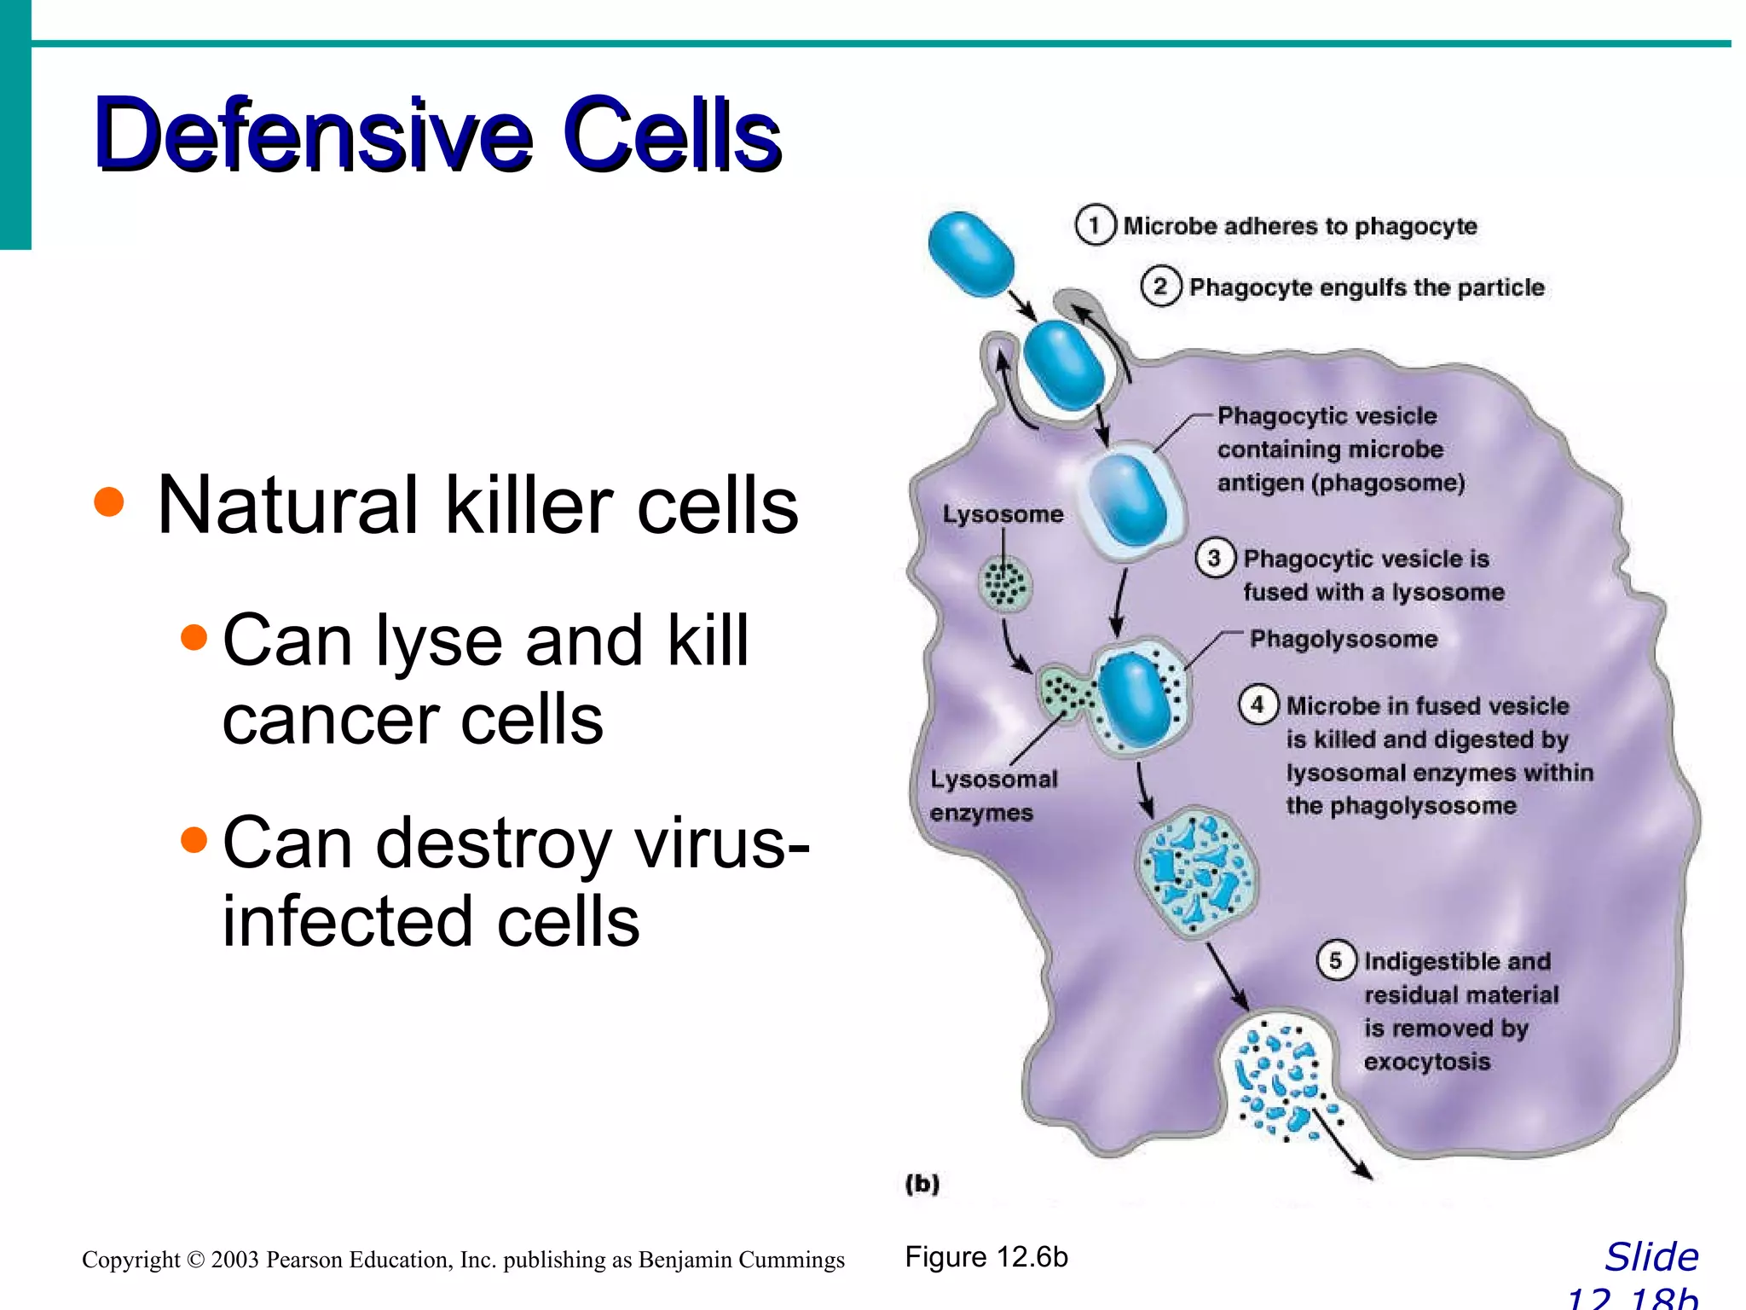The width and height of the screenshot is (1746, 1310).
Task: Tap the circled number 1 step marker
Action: tap(1095, 225)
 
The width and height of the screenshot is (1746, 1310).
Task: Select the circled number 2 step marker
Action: tap(1160, 287)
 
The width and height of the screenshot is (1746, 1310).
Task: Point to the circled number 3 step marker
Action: tap(1214, 559)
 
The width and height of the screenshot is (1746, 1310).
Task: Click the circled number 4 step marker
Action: tap(1257, 705)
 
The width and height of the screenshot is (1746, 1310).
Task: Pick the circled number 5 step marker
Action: tap(1336, 961)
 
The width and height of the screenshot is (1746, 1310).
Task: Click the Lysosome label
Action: tap(1003, 514)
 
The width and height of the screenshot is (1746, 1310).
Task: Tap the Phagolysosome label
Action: tap(1344, 639)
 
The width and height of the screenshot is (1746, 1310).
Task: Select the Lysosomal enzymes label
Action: tap(993, 796)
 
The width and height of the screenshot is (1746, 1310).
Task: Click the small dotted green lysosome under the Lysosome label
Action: tap(1004, 584)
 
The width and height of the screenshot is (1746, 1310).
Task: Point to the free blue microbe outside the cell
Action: tap(971, 254)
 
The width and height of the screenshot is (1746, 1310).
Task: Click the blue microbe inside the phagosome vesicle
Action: tap(1128, 499)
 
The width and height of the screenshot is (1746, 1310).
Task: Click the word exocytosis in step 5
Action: tap(1426, 1062)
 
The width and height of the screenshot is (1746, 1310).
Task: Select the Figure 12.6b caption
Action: tap(986, 1257)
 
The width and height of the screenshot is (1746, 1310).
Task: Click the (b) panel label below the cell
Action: tap(922, 1184)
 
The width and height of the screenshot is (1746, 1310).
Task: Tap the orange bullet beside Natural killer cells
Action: tap(109, 501)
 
